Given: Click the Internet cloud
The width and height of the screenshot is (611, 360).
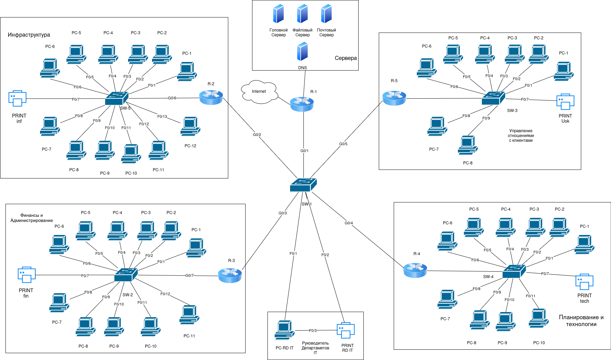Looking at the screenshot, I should (259, 92).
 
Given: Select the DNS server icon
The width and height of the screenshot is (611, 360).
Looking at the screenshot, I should (302, 51).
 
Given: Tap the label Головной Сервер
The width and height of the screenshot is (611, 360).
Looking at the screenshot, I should (278, 33).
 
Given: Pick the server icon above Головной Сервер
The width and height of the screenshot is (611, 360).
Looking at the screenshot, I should (278, 14).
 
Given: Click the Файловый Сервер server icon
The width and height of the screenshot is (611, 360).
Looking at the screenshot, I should (302, 14).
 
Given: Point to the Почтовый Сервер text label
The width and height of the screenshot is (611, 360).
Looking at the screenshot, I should (326, 33).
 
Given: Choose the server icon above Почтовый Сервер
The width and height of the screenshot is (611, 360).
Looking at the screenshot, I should (326, 14).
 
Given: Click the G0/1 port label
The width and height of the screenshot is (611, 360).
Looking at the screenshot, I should (304, 151).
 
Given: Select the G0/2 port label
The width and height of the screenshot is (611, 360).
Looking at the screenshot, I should (257, 135).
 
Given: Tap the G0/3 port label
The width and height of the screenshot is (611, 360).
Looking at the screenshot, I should (283, 213).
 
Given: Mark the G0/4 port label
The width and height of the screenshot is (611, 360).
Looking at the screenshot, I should (349, 223).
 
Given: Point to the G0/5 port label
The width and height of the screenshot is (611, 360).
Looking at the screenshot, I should (343, 144).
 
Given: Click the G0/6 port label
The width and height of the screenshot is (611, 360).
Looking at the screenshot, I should (172, 98).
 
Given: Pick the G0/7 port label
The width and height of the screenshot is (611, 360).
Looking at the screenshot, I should (189, 275).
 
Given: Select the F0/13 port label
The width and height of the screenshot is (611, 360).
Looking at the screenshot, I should (162, 116).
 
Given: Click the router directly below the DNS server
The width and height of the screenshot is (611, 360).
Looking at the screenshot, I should (302, 104).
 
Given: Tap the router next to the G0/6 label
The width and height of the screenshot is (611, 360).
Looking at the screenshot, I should (211, 98).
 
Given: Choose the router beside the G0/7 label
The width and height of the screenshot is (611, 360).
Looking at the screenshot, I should (230, 276).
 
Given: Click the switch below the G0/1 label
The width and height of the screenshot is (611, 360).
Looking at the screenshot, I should (303, 185).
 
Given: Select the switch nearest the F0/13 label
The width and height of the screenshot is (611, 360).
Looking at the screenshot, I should (116, 98).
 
